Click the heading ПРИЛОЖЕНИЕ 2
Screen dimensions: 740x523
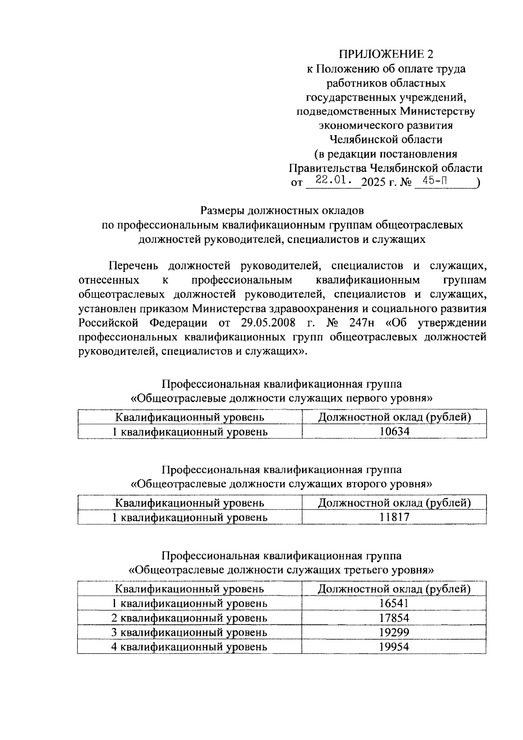click(x=387, y=54)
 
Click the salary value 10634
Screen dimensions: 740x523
click(x=394, y=431)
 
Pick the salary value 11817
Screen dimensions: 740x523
click(x=394, y=517)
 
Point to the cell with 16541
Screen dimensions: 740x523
click(x=394, y=603)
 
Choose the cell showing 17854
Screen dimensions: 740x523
click(x=394, y=618)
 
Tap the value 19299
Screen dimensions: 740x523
click(x=394, y=632)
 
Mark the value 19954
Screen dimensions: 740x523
click(x=394, y=646)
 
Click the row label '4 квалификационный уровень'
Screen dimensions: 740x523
click(x=189, y=646)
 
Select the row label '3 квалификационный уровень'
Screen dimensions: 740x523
click(x=189, y=632)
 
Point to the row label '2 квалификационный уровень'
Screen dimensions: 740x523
click(x=189, y=618)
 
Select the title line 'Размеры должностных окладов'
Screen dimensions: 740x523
click(x=282, y=210)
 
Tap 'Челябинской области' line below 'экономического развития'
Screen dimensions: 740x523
click(x=386, y=139)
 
